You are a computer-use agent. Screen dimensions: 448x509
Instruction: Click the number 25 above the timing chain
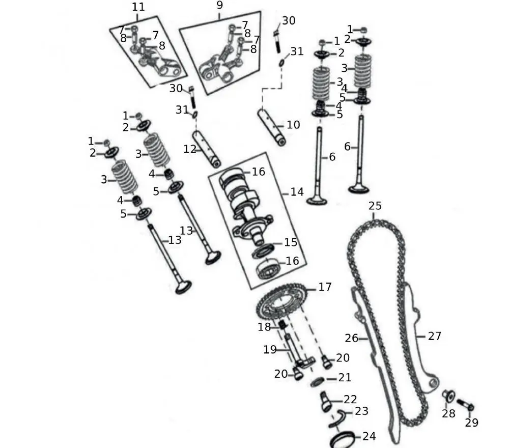tap(375, 206)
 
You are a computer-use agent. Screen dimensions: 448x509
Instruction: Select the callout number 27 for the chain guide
tap(434, 336)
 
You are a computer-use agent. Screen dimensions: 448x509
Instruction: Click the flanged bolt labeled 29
tap(465, 405)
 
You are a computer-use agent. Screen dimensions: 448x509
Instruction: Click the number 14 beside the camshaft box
tap(297, 192)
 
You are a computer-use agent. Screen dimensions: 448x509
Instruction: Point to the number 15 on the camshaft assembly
tap(291, 242)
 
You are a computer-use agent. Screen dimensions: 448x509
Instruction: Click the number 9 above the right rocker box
tap(219, 6)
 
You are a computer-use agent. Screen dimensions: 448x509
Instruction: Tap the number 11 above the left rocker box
tap(138, 7)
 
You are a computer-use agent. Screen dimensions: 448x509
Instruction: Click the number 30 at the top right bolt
tap(289, 21)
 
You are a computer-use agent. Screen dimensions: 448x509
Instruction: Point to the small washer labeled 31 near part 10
tap(282, 63)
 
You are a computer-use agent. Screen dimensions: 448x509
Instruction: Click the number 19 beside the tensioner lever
tap(270, 350)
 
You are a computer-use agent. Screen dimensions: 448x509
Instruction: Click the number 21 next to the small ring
tap(345, 378)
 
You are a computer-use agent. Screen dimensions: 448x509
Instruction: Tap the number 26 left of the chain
tap(352, 338)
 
